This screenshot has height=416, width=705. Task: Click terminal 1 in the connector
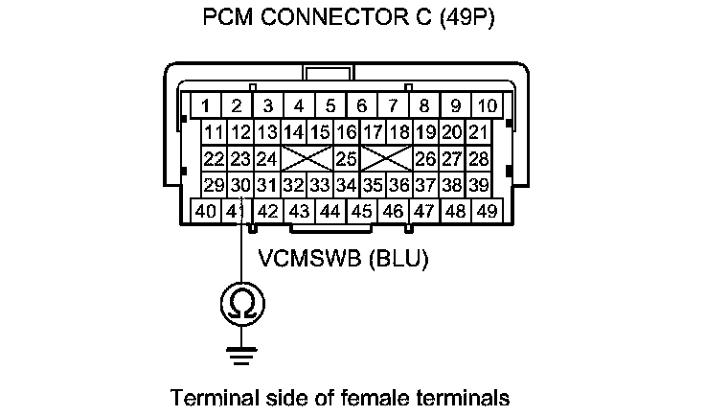[206, 104]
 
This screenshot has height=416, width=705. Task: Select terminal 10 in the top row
[488, 104]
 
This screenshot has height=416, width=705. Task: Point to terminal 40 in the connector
[206, 211]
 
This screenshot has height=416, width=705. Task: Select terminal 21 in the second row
[479, 131]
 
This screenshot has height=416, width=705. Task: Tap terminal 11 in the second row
[214, 131]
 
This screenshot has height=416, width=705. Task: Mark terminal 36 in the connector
[399, 183]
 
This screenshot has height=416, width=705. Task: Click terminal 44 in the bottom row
[330, 211]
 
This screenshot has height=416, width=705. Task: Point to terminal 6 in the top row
[362, 104]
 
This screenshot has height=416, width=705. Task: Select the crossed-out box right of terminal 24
[307, 157]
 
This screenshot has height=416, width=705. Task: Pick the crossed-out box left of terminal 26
[386, 157]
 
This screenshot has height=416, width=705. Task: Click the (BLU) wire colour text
[399, 259]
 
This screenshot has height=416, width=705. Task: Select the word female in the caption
[372, 396]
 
